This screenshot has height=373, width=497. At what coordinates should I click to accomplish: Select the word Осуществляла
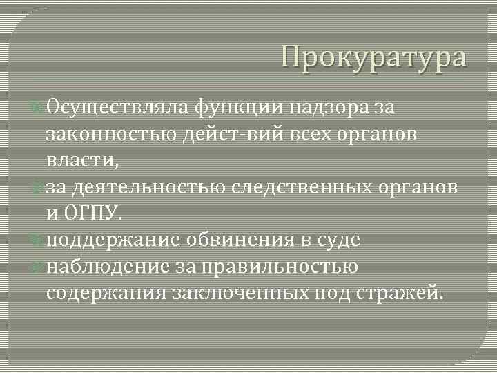(117, 106)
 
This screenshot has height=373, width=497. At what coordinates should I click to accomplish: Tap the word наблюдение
(106, 266)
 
